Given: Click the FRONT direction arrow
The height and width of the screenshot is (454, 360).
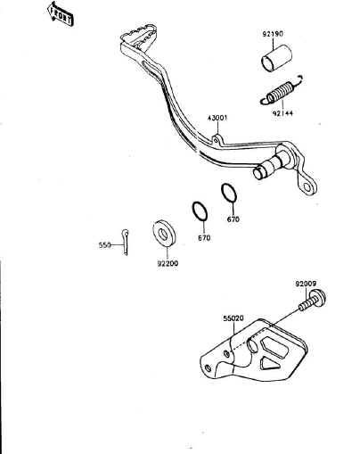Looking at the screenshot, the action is (x=60, y=13).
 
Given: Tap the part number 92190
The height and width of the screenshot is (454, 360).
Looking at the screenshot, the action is (x=273, y=34).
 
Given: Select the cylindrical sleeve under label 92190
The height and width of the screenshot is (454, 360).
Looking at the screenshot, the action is (x=276, y=59).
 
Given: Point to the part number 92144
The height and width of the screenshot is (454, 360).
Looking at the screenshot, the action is (x=282, y=113).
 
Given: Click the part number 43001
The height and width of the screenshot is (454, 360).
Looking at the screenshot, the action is (x=217, y=118).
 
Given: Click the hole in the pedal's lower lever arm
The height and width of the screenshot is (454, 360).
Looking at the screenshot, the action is (x=307, y=186).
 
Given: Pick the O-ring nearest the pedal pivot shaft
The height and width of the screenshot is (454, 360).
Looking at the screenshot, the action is (x=229, y=193).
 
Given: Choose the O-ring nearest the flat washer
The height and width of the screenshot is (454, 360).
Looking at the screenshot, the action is (x=200, y=211).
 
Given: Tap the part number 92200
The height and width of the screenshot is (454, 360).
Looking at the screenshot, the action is (x=168, y=263).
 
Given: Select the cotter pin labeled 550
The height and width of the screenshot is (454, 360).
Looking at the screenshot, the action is (x=126, y=242).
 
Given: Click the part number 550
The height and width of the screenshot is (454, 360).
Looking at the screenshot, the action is (x=104, y=245).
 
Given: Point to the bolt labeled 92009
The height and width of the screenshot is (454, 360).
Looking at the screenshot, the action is (x=313, y=301).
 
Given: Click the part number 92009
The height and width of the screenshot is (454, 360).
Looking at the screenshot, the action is (x=306, y=284).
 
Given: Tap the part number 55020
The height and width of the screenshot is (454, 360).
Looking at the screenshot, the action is (x=233, y=318).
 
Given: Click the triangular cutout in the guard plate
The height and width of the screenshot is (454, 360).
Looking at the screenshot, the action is (x=269, y=363).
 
